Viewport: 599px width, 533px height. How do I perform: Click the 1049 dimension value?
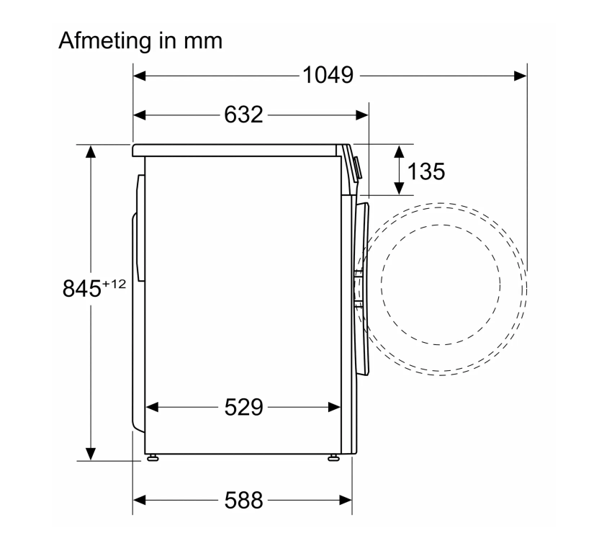(x=328, y=76)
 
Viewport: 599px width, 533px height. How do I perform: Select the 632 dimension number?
(x=244, y=115)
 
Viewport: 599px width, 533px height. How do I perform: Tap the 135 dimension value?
(x=426, y=171)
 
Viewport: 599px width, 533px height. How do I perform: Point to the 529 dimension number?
(x=244, y=407)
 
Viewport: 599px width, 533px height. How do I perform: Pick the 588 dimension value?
(x=244, y=500)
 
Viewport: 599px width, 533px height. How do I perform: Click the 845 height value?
(x=82, y=289)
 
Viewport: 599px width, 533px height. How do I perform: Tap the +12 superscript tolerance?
(x=114, y=284)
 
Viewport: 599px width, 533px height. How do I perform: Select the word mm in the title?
(x=203, y=42)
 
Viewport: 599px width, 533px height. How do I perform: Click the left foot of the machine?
(x=153, y=457)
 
